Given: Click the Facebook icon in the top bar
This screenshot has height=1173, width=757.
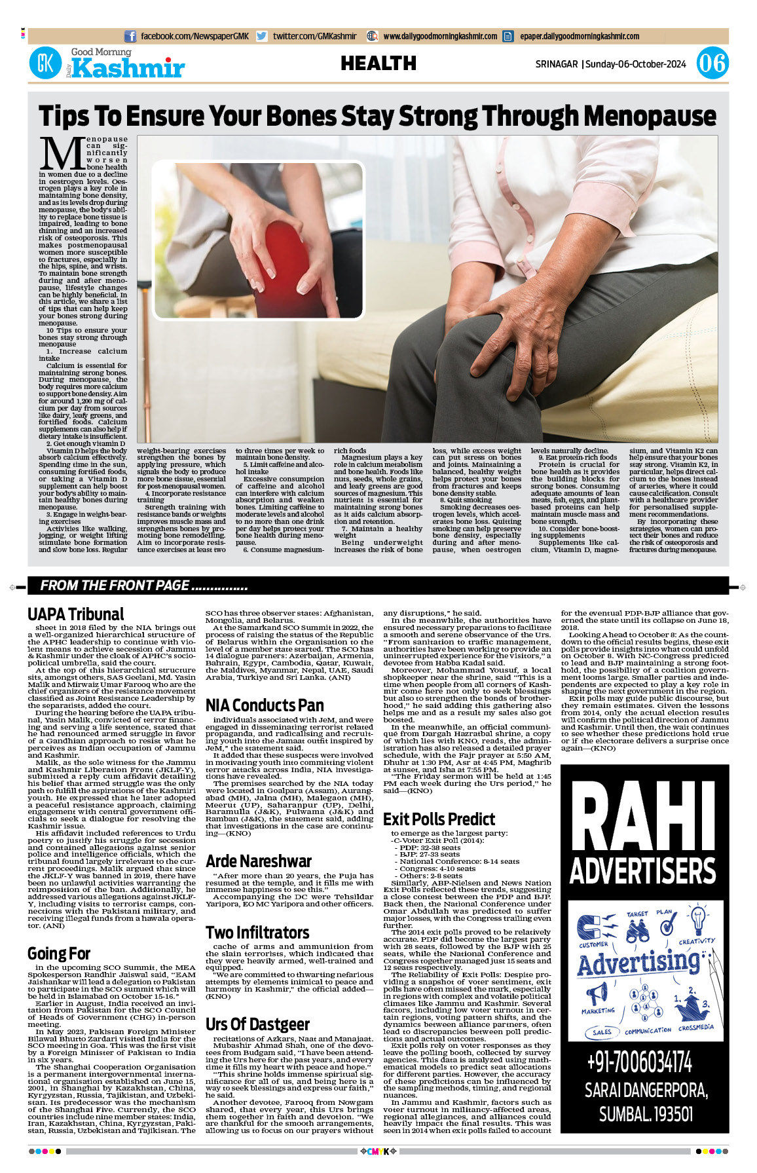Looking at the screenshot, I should (x=130, y=37).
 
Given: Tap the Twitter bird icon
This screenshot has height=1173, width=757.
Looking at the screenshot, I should (x=262, y=37).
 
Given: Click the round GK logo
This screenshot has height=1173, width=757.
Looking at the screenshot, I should (x=45, y=64).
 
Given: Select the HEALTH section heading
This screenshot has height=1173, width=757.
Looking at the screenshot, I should (x=378, y=64).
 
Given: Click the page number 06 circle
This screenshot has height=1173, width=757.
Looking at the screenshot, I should (x=712, y=64).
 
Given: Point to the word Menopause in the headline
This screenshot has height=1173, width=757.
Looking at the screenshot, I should (x=650, y=116).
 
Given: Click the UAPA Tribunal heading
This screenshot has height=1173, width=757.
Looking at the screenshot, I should (x=75, y=614).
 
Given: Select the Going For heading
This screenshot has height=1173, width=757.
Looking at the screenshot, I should (x=59, y=954).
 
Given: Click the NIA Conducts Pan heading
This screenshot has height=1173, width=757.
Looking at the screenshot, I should (x=265, y=705).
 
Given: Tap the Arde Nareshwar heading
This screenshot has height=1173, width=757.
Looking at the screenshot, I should (x=258, y=861).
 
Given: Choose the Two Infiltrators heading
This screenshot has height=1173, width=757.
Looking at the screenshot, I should (x=257, y=933).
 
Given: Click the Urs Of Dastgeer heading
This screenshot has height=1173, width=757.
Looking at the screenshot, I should (x=257, y=1024).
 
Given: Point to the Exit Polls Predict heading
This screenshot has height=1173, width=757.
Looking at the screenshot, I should (x=439, y=819).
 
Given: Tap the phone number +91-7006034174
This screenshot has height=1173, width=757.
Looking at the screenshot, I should (x=639, y=1062).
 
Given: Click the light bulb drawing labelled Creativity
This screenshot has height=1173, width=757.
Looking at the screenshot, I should (x=698, y=919).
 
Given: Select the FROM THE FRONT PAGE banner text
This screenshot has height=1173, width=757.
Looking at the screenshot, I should (x=143, y=586).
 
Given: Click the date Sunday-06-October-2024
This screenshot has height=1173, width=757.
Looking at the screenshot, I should (x=635, y=64).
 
